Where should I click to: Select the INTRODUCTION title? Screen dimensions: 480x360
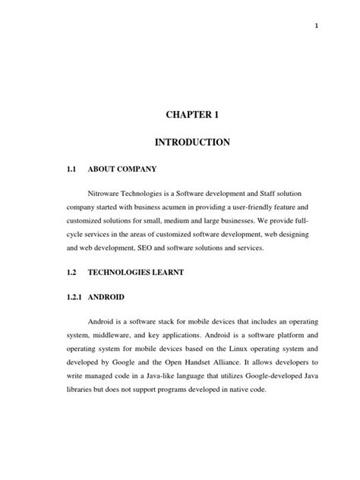pyautogui.click(x=201, y=142)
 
